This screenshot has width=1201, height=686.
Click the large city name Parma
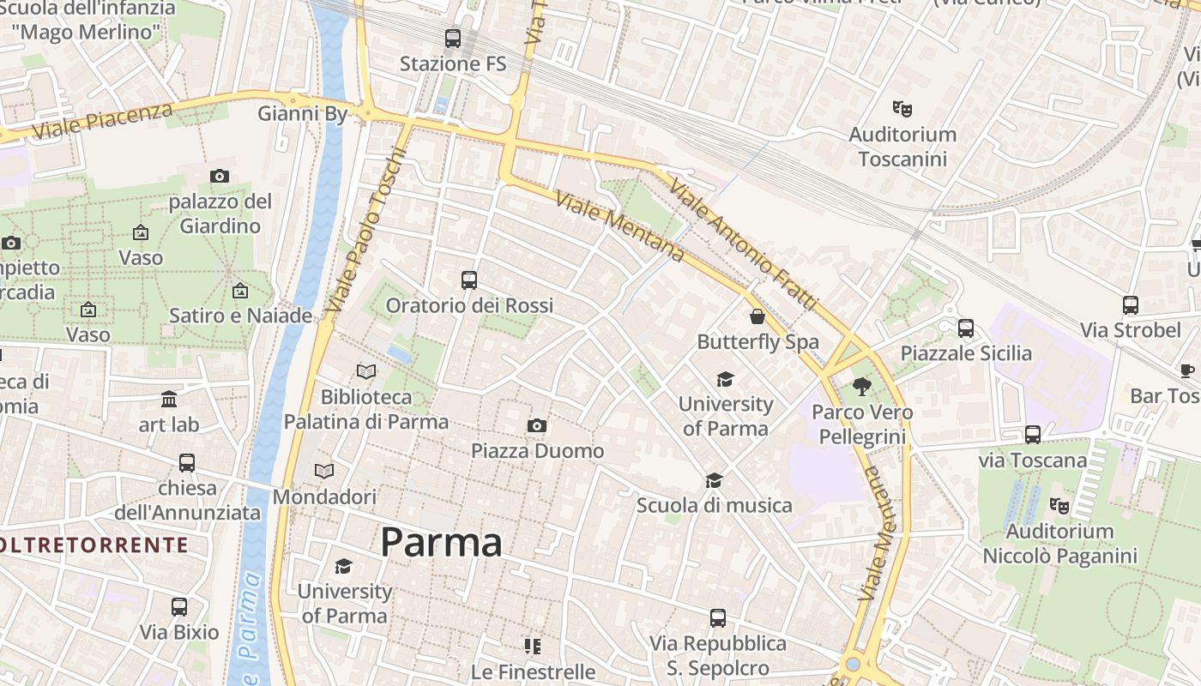[x=441, y=543]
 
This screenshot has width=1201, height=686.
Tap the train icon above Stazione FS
[x=452, y=39]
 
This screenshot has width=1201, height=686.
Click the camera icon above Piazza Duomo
[x=537, y=426]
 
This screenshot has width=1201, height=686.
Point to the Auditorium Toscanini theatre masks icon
[x=902, y=109]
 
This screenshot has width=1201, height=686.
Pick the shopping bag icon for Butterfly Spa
[x=757, y=317]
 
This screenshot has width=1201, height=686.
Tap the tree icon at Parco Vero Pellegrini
[x=862, y=387]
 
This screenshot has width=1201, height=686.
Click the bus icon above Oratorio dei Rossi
[x=468, y=280]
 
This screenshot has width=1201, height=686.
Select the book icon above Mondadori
[x=324, y=472]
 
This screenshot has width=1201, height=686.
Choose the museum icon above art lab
[x=169, y=400]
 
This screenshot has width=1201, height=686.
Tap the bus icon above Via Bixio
[x=179, y=607]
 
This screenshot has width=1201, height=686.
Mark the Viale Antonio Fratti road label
[x=743, y=245]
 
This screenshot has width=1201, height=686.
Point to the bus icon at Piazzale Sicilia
[x=966, y=328]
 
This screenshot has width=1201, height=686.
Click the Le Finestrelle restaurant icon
[x=533, y=647]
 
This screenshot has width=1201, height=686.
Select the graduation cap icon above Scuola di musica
[x=715, y=480]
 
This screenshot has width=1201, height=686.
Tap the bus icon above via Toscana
[x=1033, y=436]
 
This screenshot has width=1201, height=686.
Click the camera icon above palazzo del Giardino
[x=220, y=177]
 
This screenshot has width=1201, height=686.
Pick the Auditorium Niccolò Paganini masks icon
[x=1059, y=506]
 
